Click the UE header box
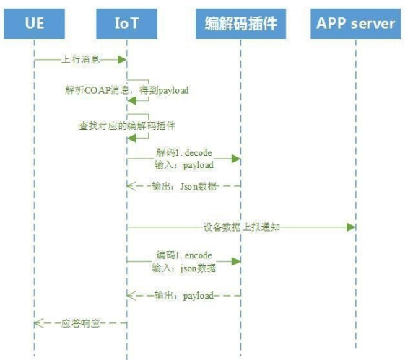coord(34,24)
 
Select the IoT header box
coord(126,24)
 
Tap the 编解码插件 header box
coord(240,24)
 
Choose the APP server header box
coord(355,24)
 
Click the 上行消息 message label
coord(81,59)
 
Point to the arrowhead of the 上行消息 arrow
coord(122,60)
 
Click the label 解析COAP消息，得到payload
coord(127,90)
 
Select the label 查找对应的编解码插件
coord(127,126)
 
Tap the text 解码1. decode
coord(184,153)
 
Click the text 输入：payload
coord(184,165)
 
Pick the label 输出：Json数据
coord(184,186)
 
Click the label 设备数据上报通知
coord(242,227)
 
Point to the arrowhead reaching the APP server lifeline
coord(351,227)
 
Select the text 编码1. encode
coord(184,255)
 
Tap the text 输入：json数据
coord(184,268)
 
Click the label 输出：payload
coord(184,296)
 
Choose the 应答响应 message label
coord(81,323)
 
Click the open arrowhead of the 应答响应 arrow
coord(39,323)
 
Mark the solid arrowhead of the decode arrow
coord(236,159)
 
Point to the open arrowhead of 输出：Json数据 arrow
coord(131,186)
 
